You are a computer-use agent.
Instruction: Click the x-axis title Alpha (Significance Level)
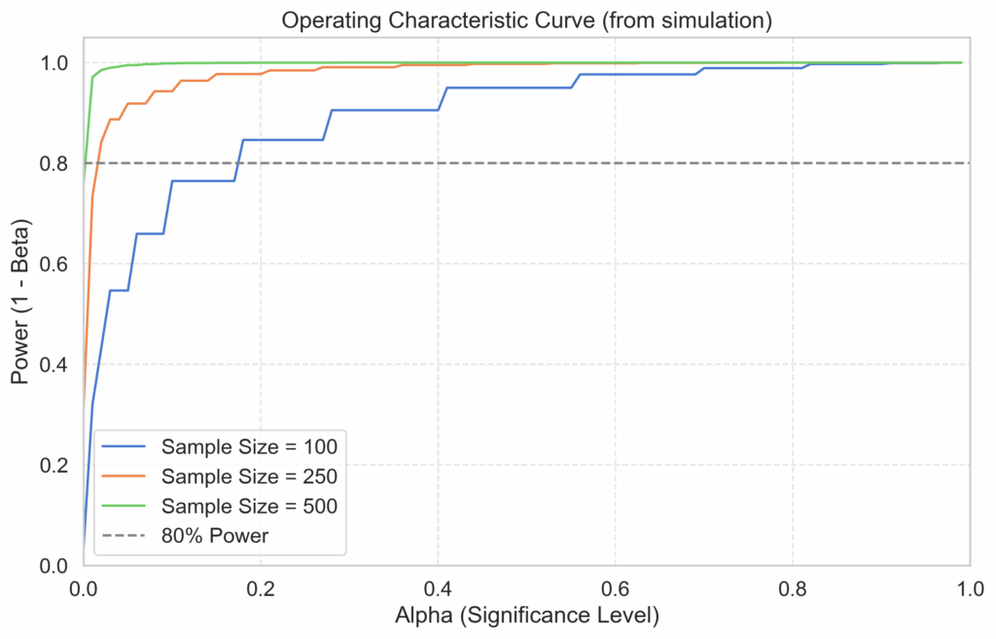pos(527,617)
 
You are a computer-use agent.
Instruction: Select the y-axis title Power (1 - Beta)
pos(21,301)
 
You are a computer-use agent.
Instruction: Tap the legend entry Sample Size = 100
pos(249,447)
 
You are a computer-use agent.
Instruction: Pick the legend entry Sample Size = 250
pos(249,477)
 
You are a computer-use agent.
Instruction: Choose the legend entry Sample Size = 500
pos(249,506)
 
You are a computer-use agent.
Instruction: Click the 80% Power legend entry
pos(215,535)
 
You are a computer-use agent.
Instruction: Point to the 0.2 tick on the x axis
pos(261,588)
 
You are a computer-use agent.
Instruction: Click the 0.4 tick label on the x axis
pos(438,588)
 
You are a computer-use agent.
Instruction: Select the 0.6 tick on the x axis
pos(615,588)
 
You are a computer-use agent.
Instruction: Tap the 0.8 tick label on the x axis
pos(792,588)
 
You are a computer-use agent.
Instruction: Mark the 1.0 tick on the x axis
pos(969,588)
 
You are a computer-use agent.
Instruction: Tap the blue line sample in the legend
pos(123,447)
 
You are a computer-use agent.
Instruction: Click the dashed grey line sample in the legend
pos(123,535)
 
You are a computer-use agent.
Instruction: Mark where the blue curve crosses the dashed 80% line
pos(238,163)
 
